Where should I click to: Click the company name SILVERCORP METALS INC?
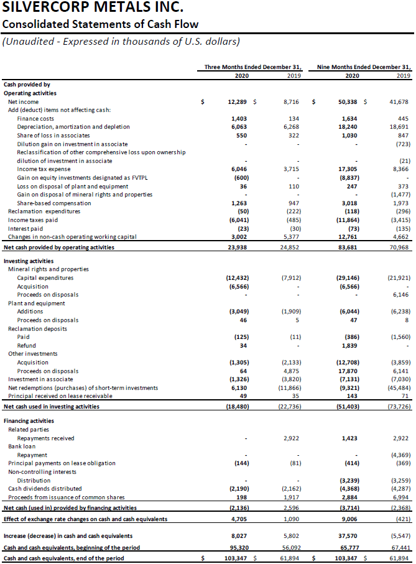click(x=93, y=9)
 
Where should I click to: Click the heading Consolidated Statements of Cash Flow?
click(x=100, y=25)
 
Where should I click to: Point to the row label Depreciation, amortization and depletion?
click(x=73, y=126)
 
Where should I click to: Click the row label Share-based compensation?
click(x=54, y=203)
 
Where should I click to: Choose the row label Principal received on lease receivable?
click(x=60, y=395)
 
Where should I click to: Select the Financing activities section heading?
click(x=29, y=421)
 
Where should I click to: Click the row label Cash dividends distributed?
click(x=45, y=488)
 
